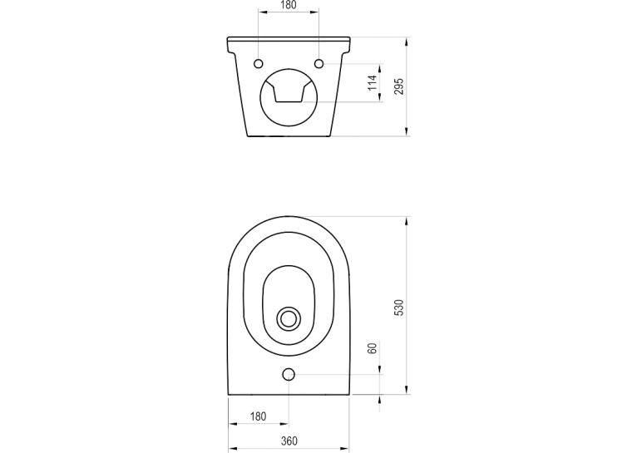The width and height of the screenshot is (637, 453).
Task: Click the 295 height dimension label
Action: tap(399, 86)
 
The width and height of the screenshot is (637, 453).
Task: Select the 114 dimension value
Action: tap(372, 83)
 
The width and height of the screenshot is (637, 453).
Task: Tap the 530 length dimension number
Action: tap(399, 308)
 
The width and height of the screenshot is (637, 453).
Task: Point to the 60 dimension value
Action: tap(372, 348)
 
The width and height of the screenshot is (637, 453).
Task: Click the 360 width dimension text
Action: tap(289, 441)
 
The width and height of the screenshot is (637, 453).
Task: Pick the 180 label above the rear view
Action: tap(289, 5)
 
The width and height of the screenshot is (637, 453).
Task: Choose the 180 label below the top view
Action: tap(258, 416)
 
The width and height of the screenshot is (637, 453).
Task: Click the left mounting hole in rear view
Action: tap(259, 64)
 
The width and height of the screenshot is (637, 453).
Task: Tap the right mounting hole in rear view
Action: tap(319, 64)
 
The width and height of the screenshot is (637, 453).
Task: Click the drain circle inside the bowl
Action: tap(289, 318)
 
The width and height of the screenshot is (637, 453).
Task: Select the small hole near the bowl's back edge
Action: tap(289, 374)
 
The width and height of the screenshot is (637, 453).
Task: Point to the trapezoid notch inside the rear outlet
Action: tap(289, 93)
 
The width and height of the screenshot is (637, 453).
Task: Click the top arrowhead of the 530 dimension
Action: tap(407, 220)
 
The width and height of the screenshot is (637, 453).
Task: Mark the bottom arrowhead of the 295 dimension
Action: tap(407, 131)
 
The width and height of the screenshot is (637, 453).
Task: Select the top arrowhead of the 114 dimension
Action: tap(380, 68)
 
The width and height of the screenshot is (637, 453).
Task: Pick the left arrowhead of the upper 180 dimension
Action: tap(264, 12)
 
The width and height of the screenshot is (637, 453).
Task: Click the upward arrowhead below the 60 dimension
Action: tap(380, 400)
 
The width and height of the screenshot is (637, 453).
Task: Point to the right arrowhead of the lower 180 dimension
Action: tap(284, 424)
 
